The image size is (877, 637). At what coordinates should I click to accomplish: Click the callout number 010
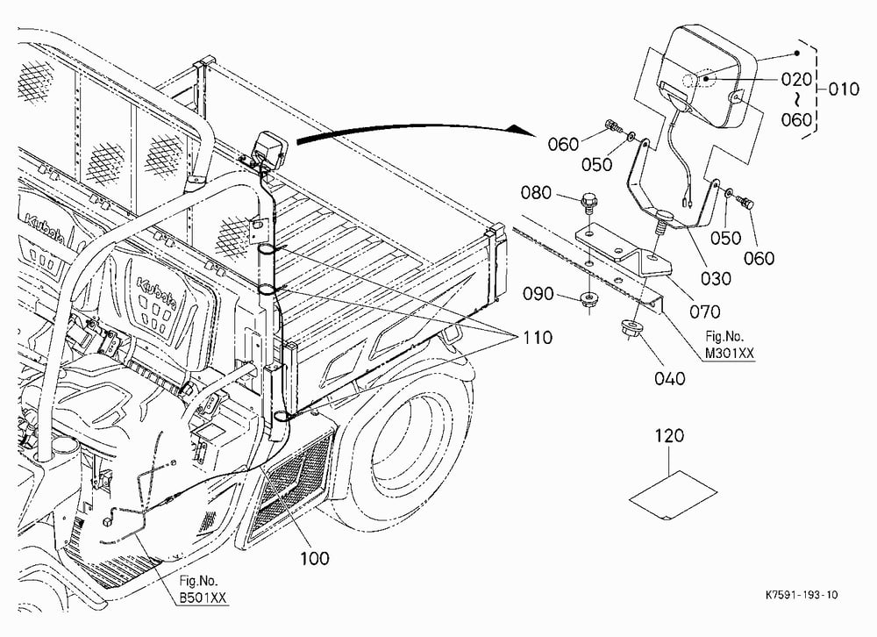(x=844, y=89)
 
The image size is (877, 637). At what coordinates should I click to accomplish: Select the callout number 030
(x=716, y=278)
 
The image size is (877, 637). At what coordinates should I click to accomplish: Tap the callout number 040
(x=669, y=378)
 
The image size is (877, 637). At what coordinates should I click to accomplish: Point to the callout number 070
(x=705, y=311)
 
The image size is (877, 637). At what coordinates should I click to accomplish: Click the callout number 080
(x=536, y=192)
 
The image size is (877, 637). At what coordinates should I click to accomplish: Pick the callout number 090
(x=538, y=293)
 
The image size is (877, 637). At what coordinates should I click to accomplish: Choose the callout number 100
(x=315, y=557)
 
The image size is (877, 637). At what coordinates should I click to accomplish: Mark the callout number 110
(x=538, y=338)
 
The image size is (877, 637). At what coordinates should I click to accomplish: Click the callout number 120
(x=669, y=435)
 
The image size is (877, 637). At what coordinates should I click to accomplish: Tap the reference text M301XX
(x=730, y=354)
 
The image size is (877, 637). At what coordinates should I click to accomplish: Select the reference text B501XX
(x=203, y=598)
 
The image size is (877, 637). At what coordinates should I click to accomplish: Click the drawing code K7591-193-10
(x=802, y=595)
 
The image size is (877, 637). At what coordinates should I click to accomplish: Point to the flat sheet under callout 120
(x=674, y=496)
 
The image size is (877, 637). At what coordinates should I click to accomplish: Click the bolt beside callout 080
(x=588, y=203)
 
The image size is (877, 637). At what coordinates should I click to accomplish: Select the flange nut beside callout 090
(x=588, y=298)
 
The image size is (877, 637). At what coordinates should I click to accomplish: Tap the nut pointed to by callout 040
(x=631, y=327)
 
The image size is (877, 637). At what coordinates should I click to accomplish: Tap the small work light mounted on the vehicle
(x=267, y=147)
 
